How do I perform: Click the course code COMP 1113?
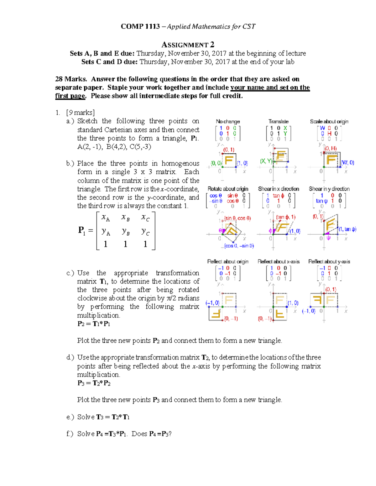click(140, 27)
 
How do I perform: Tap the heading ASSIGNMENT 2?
click(188, 45)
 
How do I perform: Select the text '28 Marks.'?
click(71, 79)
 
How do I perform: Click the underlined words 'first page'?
click(70, 96)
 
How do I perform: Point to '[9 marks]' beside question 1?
click(80, 113)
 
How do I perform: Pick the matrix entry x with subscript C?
click(145, 217)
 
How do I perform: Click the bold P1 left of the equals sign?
click(81, 231)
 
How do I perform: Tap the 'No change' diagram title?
click(228, 121)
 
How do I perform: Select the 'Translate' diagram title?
click(278, 121)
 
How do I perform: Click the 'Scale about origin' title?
click(329, 121)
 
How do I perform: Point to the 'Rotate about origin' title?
click(228, 189)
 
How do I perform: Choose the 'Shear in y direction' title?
click(329, 189)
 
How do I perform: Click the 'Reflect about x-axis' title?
click(278, 262)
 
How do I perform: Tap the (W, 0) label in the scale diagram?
click(347, 163)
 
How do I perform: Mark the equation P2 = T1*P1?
click(94, 324)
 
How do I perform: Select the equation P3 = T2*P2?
click(94, 383)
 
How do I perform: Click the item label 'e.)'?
click(70, 417)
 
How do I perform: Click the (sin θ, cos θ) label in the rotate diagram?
click(237, 218)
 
